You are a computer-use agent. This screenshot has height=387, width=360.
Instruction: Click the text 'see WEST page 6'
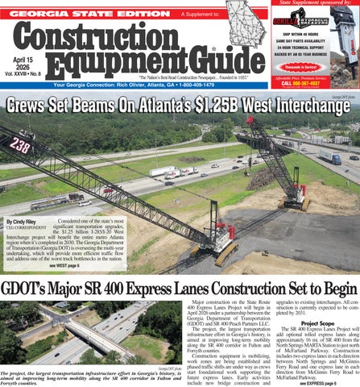tap(64, 264)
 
